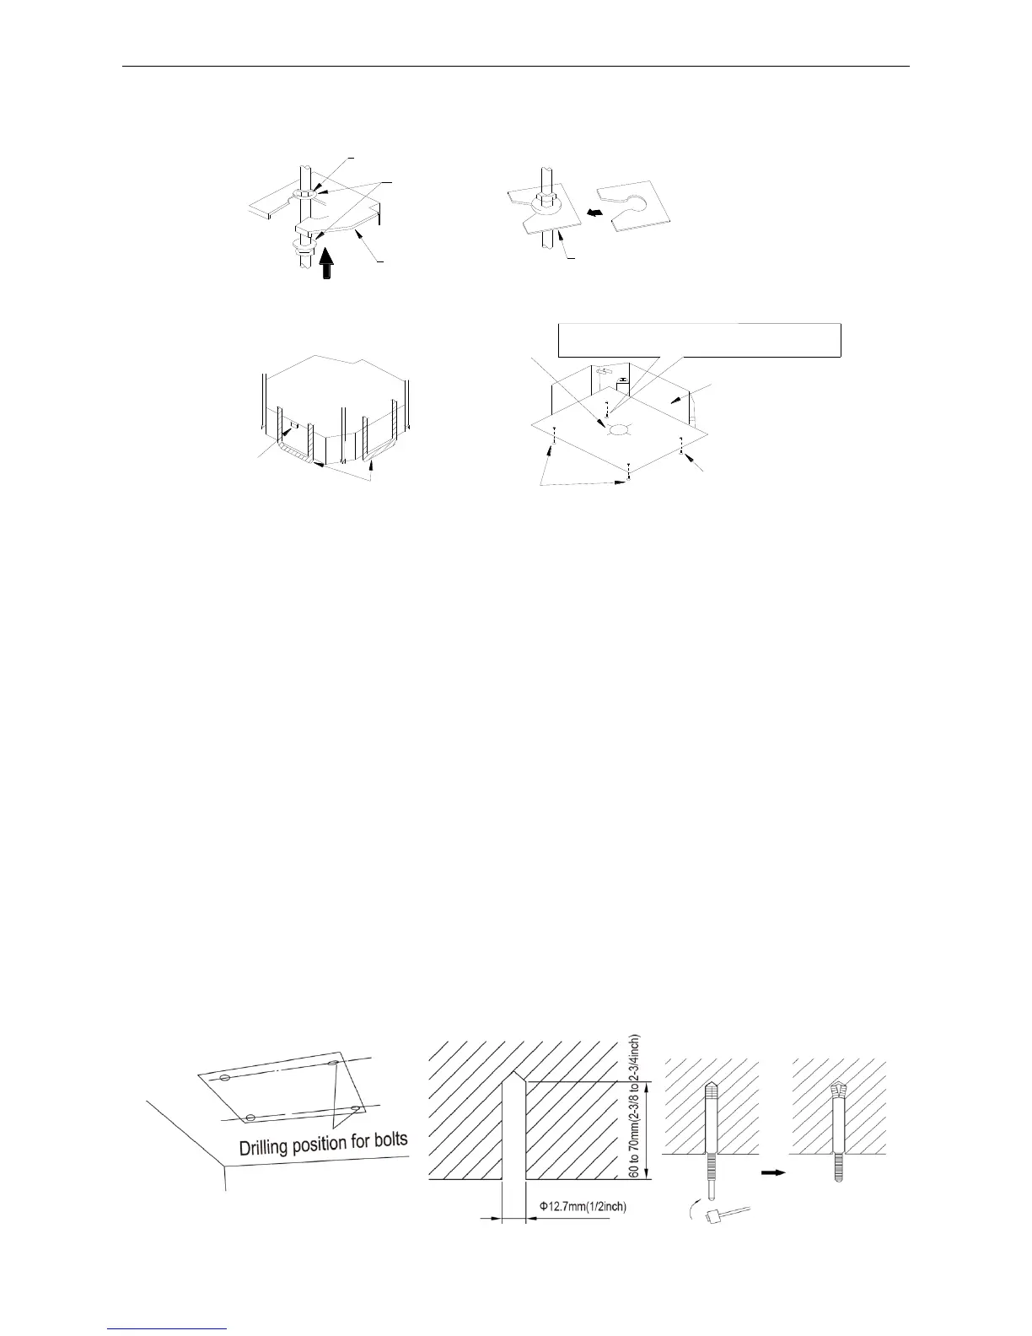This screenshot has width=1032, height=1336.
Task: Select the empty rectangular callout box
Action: [700, 340]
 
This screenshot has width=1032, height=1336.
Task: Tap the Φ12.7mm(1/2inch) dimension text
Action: [582, 1207]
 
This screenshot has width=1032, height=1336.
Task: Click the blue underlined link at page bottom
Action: [168, 1330]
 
